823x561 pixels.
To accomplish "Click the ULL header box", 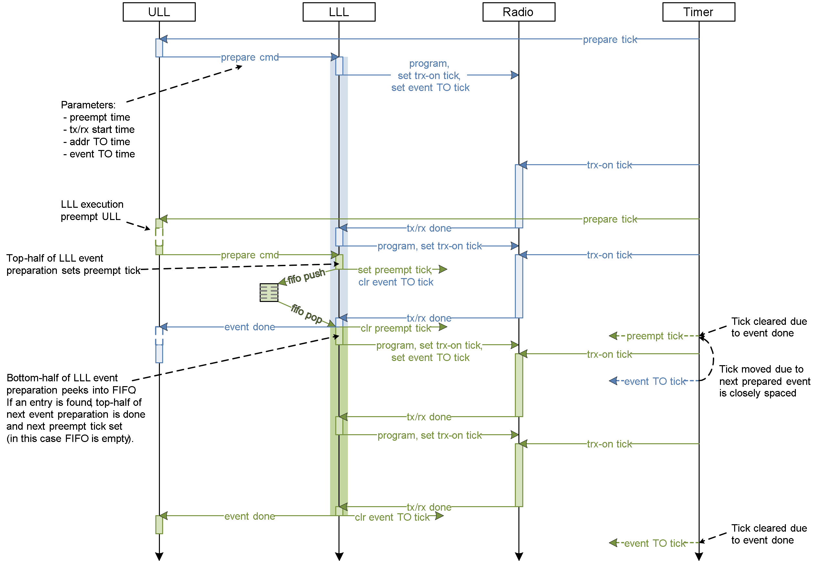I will click(159, 12).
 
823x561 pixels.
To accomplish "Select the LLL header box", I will click(339, 12).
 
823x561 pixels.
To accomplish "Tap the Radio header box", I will click(519, 12).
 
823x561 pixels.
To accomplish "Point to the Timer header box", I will click(699, 12).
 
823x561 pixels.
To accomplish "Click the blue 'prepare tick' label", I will click(609, 39).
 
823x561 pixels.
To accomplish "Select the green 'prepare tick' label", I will click(609, 219).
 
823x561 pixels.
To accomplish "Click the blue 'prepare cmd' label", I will click(249, 57).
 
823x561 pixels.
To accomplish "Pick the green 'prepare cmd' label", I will click(249, 255).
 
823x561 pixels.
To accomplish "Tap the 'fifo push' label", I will click(306, 276).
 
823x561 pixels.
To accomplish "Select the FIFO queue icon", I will click(269, 293).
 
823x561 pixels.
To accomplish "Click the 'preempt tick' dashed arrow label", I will click(654, 336).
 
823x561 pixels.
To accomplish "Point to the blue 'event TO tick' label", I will click(654, 381).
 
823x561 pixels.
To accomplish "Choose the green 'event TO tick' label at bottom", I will click(654, 543).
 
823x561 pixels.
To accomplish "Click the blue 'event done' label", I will click(249, 327).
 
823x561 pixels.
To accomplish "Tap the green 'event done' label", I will click(249, 516).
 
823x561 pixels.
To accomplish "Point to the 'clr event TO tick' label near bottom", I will click(392, 517).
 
